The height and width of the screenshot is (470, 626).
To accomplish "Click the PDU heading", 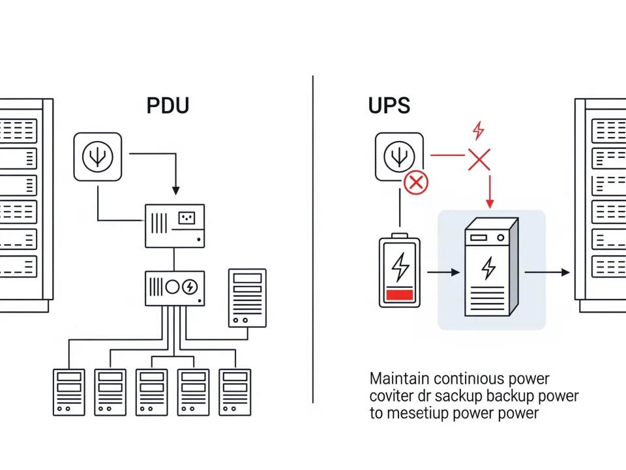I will (168, 105).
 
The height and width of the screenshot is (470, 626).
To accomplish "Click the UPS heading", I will (389, 105).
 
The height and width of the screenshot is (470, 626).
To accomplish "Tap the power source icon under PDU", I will (98, 157).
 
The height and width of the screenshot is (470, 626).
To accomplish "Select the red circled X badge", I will (415, 183).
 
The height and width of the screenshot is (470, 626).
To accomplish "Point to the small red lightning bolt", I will (478, 130).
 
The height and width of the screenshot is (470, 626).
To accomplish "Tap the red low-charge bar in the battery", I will (400, 294).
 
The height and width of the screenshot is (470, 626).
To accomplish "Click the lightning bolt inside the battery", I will (400, 266).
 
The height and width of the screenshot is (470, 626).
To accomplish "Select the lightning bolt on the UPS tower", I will (488, 266).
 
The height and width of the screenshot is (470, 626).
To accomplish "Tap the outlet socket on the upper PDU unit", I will (187, 218).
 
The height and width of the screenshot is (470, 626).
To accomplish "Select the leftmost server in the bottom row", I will (68, 392).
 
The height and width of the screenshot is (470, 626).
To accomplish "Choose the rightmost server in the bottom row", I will (235, 392).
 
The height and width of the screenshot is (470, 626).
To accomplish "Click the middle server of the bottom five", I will (152, 392).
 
